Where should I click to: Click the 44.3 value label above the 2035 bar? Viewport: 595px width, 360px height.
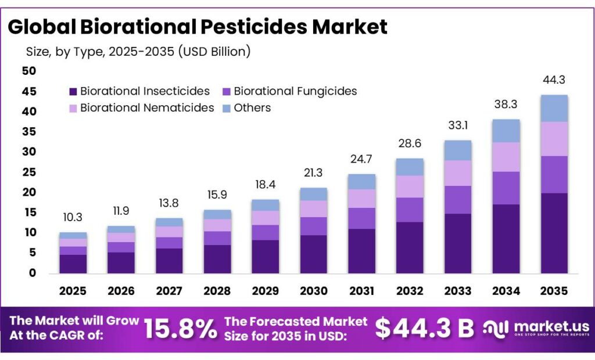(554, 80)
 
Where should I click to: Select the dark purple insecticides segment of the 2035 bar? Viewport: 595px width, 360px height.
(554, 232)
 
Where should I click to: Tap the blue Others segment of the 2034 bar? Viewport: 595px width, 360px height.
(506, 131)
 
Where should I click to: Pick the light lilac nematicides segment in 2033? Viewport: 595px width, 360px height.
(458, 173)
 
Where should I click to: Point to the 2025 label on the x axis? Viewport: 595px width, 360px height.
(73, 290)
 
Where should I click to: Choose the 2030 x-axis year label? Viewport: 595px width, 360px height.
(314, 290)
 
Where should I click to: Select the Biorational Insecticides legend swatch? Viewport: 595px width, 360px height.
(73, 91)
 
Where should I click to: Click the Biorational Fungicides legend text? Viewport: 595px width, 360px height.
(295, 91)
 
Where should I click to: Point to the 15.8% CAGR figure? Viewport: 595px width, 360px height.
(180, 329)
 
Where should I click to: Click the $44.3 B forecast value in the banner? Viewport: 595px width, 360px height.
(424, 329)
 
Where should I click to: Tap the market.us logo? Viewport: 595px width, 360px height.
(537, 329)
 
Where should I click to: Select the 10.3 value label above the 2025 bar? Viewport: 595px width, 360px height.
(73, 218)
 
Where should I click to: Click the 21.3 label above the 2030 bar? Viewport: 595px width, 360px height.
(314, 173)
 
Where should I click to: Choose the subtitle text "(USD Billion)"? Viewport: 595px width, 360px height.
(214, 51)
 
